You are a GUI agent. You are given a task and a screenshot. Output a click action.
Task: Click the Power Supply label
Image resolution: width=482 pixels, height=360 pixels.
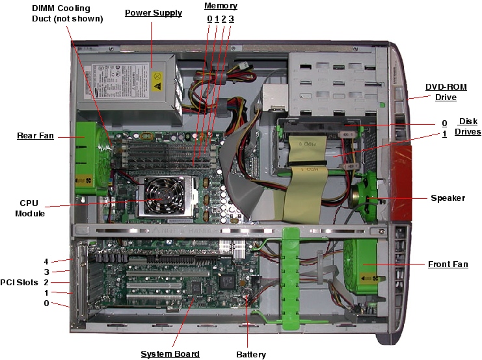click(153, 13)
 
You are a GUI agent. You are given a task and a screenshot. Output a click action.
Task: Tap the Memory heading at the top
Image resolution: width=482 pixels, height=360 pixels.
click(221, 6)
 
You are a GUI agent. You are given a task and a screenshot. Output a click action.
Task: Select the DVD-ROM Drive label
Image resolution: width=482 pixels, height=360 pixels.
click(441, 92)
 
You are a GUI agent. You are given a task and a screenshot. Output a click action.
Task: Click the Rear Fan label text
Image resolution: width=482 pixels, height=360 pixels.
click(35, 136)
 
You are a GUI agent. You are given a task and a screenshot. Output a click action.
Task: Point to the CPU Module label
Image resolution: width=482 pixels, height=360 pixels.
click(30, 208)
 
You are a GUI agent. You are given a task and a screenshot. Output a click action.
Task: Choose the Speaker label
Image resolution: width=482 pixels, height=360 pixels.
click(448, 198)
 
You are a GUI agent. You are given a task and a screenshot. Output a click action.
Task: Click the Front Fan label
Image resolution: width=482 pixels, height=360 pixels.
click(448, 264)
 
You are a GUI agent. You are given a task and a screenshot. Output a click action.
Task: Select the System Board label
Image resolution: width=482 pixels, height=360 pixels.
click(170, 354)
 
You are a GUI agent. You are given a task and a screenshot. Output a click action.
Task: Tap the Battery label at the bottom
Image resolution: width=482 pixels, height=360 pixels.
click(250, 354)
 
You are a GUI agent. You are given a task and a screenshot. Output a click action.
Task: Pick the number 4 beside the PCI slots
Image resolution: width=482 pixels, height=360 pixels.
click(46, 261)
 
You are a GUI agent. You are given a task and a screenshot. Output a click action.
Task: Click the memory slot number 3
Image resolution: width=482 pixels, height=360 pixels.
click(231, 19)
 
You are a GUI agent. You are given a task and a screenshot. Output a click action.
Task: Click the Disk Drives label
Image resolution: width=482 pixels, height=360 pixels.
click(468, 127)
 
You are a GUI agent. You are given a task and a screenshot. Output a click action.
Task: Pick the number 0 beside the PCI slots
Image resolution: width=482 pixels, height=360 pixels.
click(46, 303)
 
